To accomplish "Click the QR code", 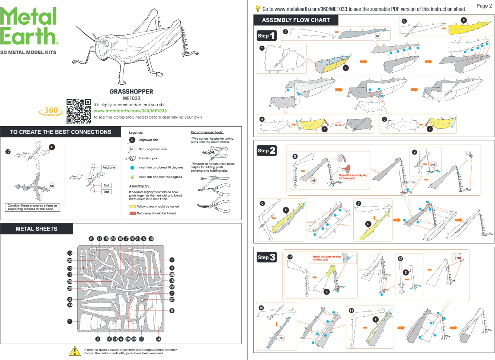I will [x=79, y=111].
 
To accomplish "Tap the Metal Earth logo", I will [x=29, y=27].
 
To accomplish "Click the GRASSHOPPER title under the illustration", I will [x=131, y=92].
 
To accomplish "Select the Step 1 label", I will [x=266, y=36].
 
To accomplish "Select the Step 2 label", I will [x=266, y=151].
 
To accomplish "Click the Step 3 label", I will [x=266, y=257].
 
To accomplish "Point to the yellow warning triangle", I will [x=75, y=351].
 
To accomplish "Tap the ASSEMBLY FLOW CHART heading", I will [x=296, y=20].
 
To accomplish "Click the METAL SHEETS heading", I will [x=37, y=229].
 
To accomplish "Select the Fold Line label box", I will [x=109, y=168].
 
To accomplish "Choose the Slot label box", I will [x=106, y=185].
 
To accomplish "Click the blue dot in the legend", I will [x=132, y=168].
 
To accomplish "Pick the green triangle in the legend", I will [x=132, y=177].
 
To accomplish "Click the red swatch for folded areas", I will [x=133, y=213].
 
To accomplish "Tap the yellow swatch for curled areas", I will [x=133, y=207].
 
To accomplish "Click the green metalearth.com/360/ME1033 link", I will [x=130, y=111].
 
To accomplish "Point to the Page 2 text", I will [x=484, y=6].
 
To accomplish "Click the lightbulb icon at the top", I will [x=258, y=8].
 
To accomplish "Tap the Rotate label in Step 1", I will [x=338, y=125].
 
